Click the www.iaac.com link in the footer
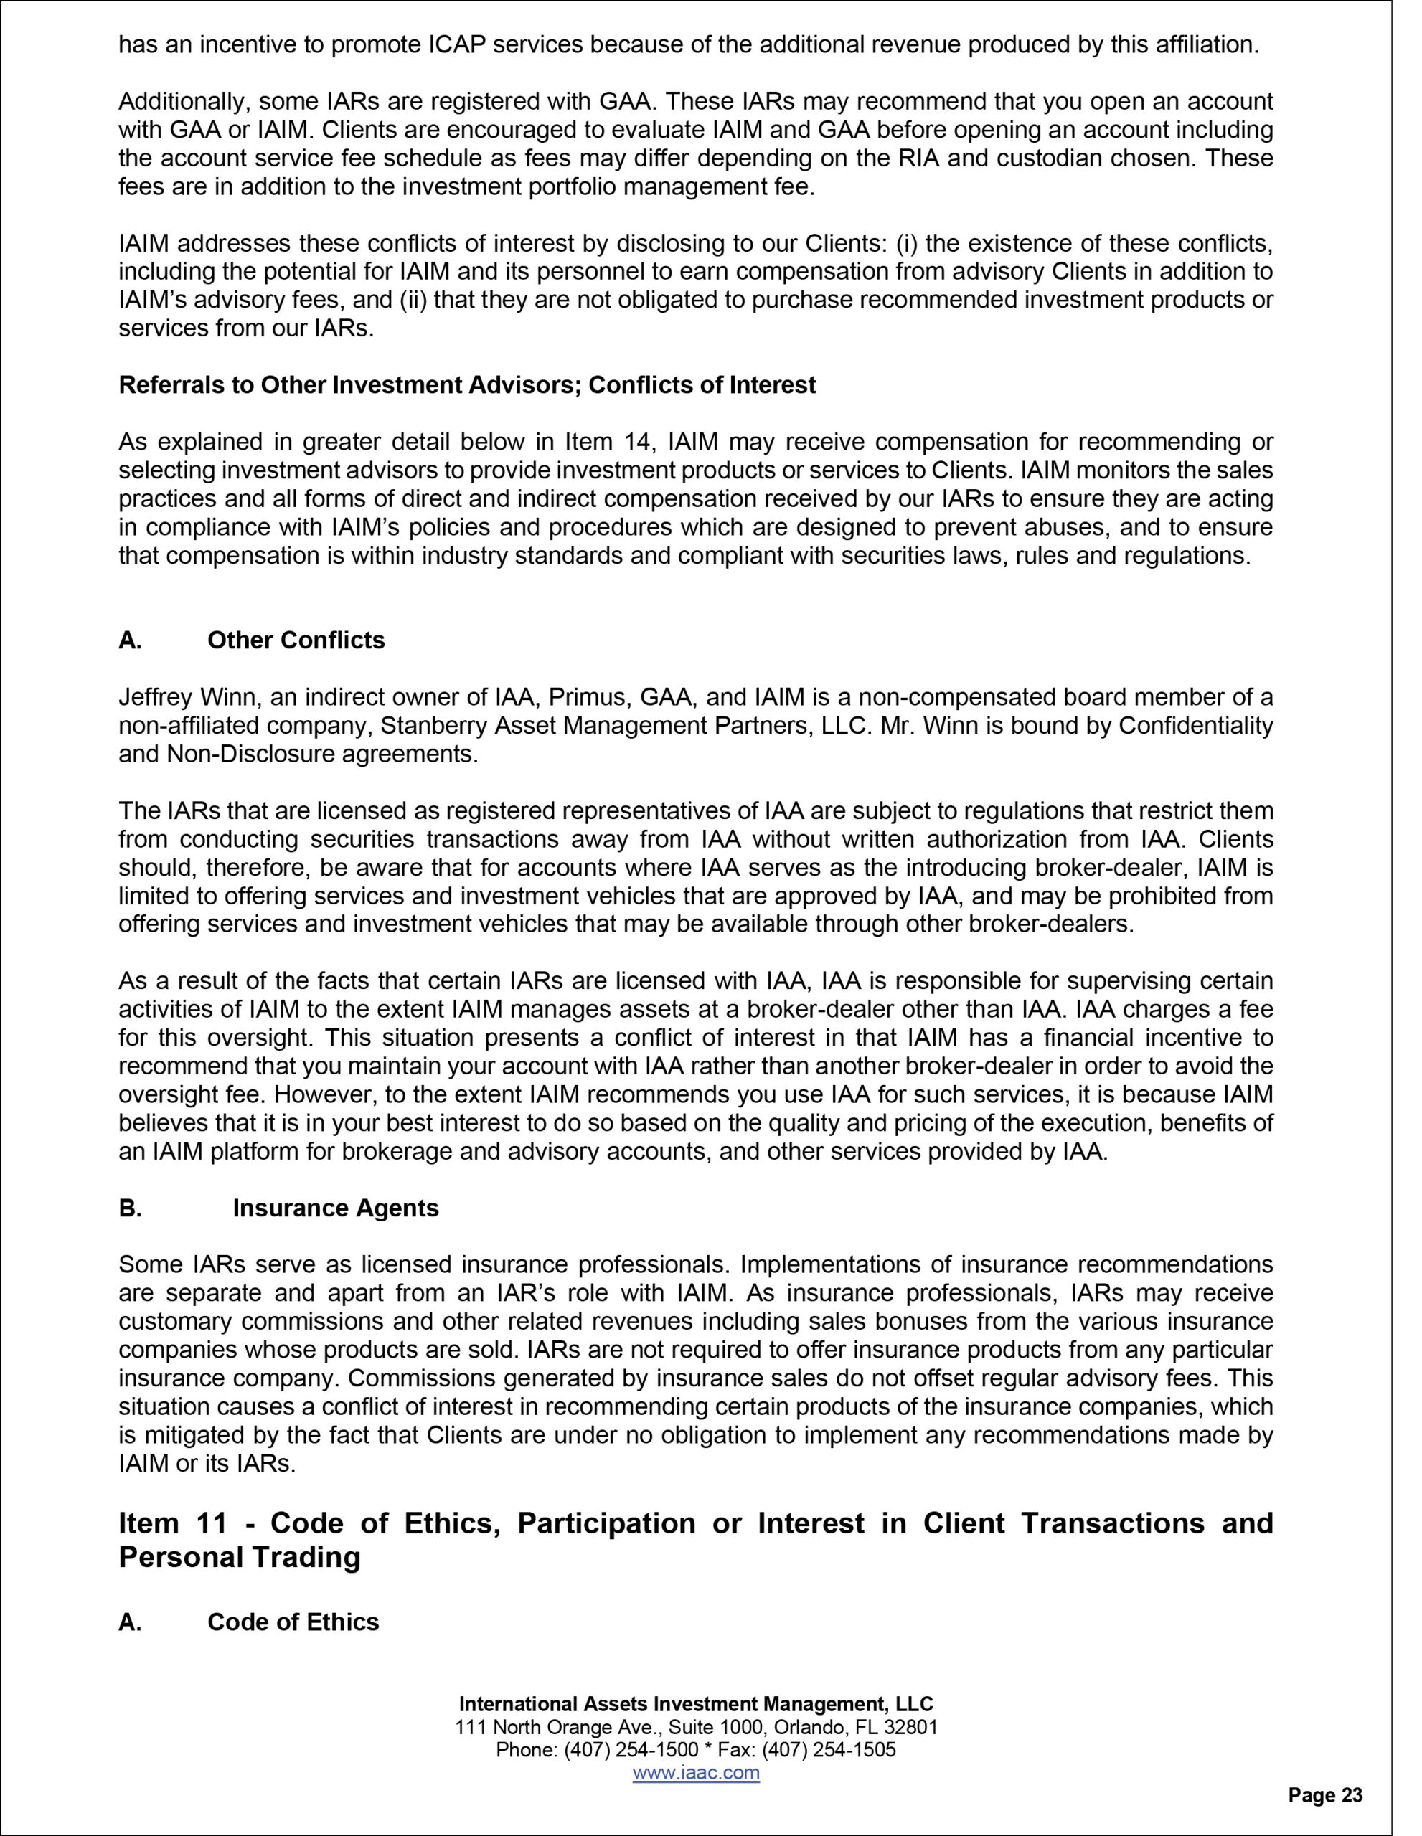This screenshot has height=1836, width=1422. point(695,1773)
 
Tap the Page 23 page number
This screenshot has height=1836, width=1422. point(1325,1796)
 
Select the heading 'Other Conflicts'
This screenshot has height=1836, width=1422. point(296,640)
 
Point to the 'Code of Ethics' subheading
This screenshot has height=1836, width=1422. point(293,1622)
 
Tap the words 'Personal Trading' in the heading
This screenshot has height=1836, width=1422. point(239,1557)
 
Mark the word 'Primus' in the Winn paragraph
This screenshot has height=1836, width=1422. point(587,697)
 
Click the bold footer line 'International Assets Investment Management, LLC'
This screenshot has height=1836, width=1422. point(695,1704)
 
